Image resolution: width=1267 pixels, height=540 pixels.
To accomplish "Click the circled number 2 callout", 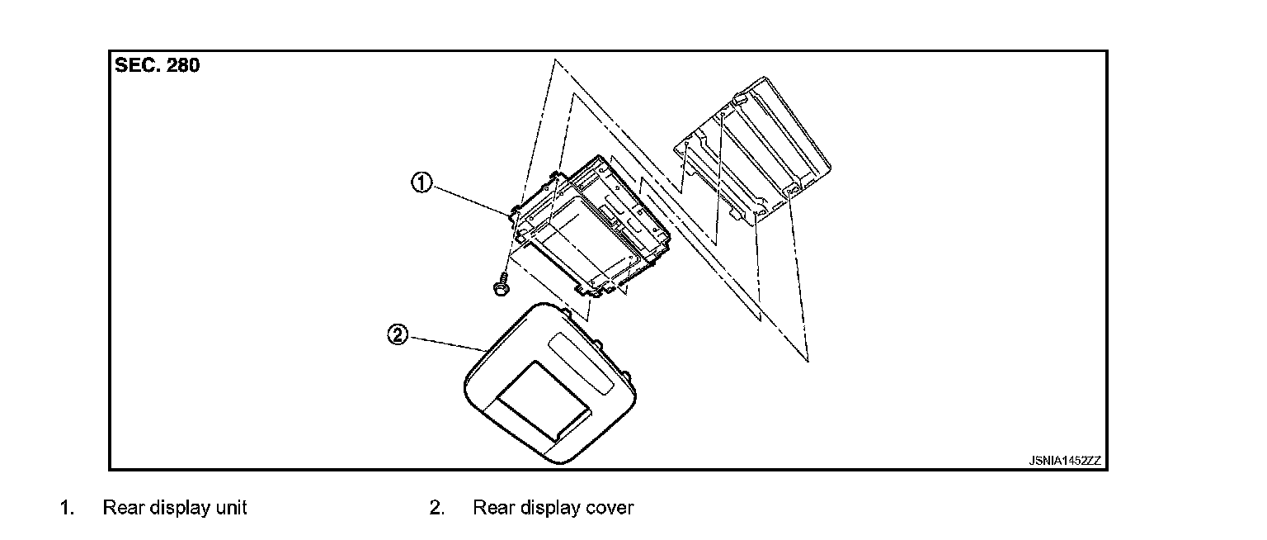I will coord(398,335).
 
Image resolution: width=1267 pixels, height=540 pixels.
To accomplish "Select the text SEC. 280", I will coord(157,66).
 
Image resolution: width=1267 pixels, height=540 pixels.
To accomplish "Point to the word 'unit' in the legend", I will coord(233,507).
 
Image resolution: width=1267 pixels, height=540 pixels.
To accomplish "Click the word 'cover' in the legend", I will coord(610,507).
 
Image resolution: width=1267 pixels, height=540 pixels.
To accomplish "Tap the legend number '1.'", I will coord(66,507).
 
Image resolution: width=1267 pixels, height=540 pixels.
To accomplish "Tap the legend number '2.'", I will coord(436,507).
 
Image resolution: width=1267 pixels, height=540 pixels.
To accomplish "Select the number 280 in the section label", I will coord(183,66).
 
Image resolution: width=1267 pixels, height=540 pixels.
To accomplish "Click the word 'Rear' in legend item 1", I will coord(121,507).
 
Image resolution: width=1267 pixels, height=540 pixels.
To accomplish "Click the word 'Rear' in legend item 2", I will coord(492,507).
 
